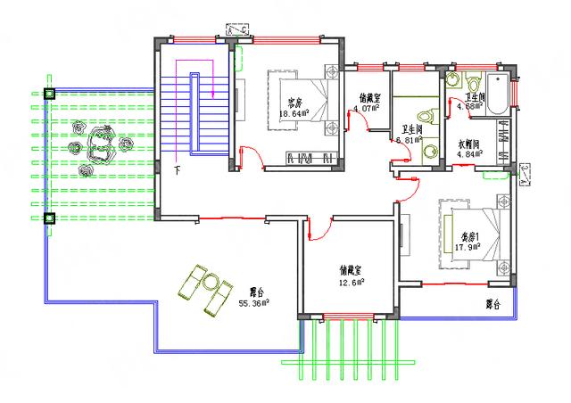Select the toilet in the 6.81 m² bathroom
point(426,115)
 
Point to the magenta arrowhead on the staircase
point(214,91)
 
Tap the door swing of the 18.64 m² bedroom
point(250,159)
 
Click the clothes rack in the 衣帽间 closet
point(504,144)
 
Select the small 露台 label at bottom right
point(492,304)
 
